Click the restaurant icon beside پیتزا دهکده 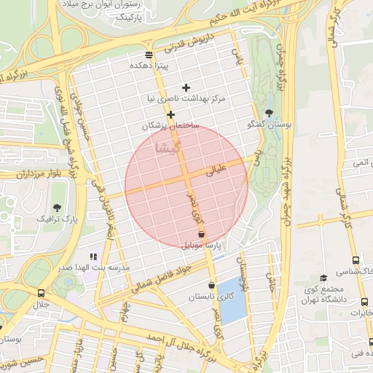[x=149, y=55]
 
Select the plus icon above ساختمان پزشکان [x=170, y=114]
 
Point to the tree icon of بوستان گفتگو [x=270, y=113]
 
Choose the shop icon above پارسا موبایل [x=202, y=235]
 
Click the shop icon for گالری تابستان [x=211, y=286]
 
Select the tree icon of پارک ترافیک [x=57, y=208]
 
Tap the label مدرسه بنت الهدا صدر [x=95, y=267]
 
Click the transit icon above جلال [x=41, y=293]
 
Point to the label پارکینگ [x=139, y=15]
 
